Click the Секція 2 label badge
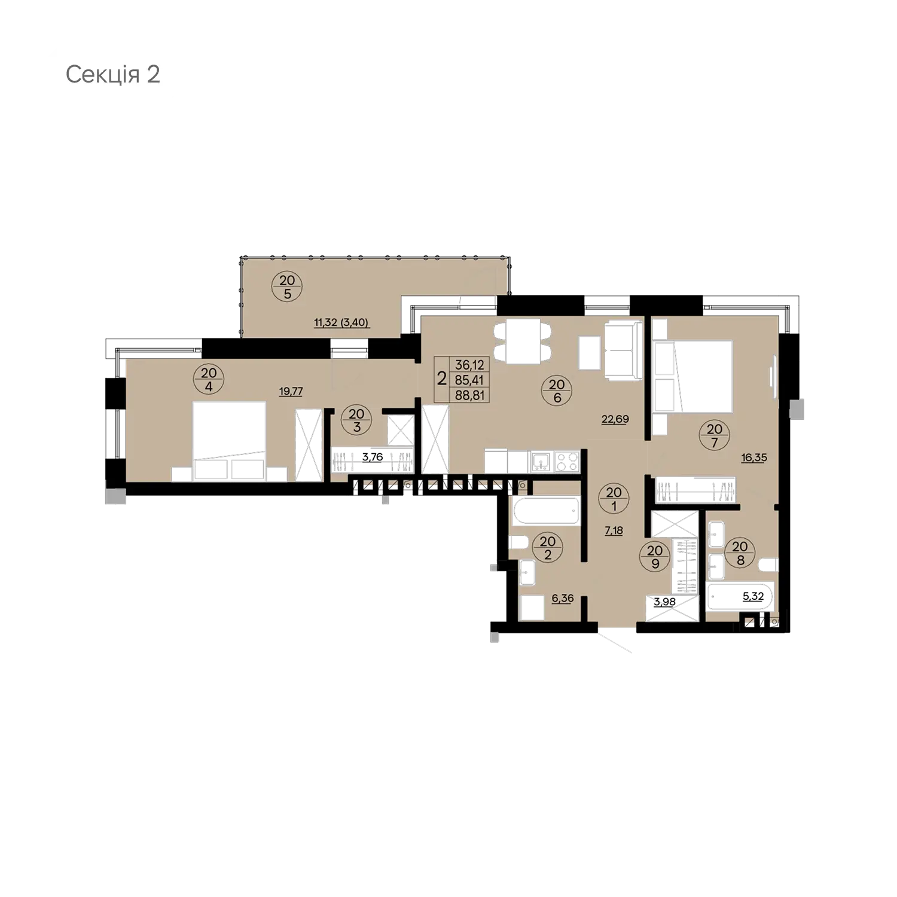pyautogui.click(x=113, y=75)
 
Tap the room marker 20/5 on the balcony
pyautogui.click(x=287, y=286)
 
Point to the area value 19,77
pyautogui.click(x=291, y=392)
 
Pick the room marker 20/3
pyautogui.click(x=356, y=420)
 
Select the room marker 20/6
pyautogui.click(x=557, y=391)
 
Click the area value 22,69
pyautogui.click(x=615, y=419)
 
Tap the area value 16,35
pyautogui.click(x=753, y=458)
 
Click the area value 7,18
pyautogui.click(x=614, y=530)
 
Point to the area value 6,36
pyautogui.click(x=562, y=598)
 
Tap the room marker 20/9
pyautogui.click(x=655, y=557)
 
